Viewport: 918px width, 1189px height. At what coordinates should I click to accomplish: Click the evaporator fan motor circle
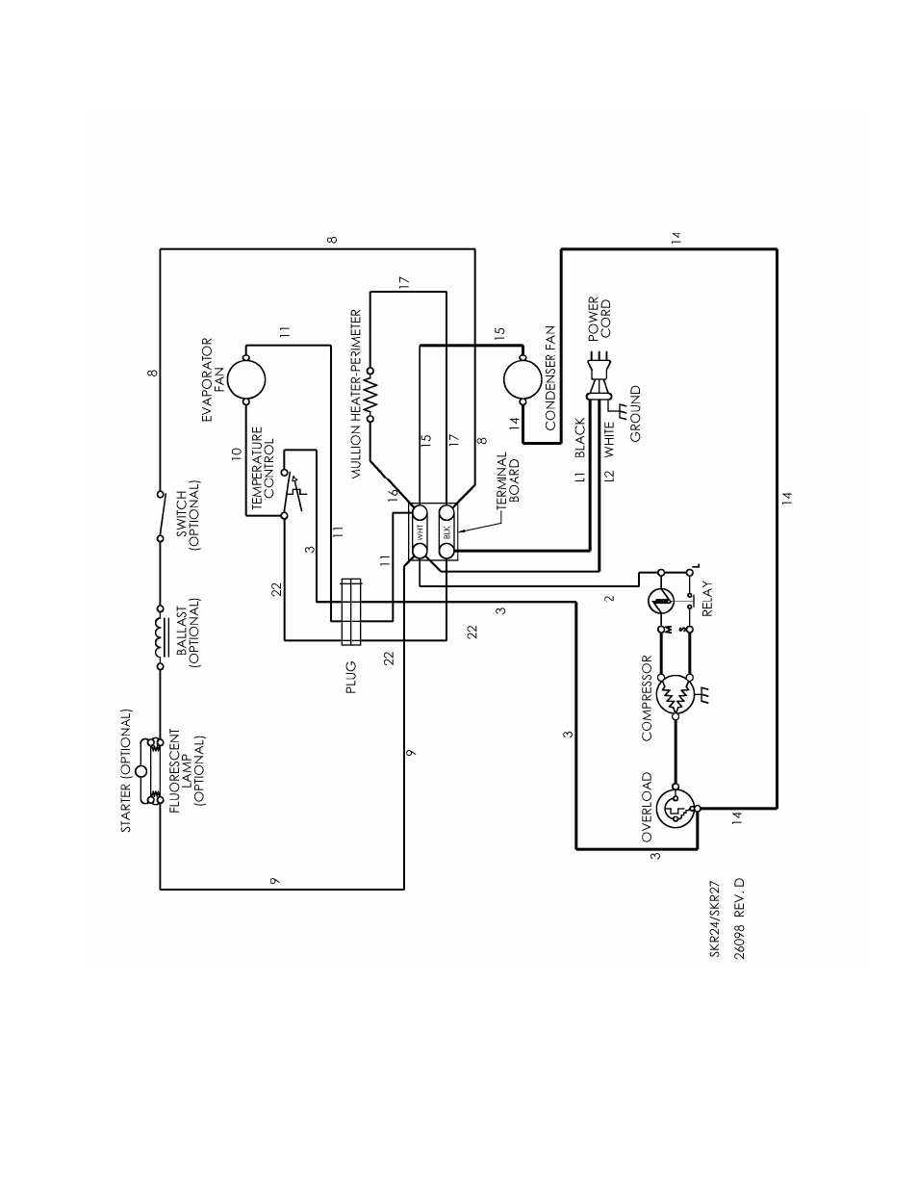click(x=246, y=379)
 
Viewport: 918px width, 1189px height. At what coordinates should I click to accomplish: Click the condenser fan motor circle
click(x=523, y=379)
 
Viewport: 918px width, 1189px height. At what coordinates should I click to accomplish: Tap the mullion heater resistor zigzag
click(x=370, y=394)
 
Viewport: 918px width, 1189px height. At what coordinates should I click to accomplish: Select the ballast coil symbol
click(x=159, y=637)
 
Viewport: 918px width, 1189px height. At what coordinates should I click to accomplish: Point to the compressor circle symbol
click(x=676, y=695)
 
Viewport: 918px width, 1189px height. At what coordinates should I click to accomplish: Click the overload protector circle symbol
click(x=676, y=808)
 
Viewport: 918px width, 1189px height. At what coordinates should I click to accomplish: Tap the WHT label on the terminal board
click(x=420, y=531)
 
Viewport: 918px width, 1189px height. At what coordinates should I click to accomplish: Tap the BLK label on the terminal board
click(x=446, y=531)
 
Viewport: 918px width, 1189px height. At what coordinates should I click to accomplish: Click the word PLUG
click(x=351, y=677)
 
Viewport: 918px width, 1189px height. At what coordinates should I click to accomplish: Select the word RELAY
click(x=707, y=599)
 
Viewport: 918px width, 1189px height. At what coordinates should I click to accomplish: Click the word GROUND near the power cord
click(x=635, y=414)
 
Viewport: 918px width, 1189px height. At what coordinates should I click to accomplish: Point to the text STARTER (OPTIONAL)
click(x=126, y=771)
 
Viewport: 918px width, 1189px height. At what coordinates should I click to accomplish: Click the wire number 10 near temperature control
click(x=237, y=453)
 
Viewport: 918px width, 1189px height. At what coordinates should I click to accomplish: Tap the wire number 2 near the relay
click(x=610, y=598)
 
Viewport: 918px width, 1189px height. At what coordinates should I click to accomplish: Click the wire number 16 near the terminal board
click(x=393, y=493)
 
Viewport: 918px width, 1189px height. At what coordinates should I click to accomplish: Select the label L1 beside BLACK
click(x=580, y=477)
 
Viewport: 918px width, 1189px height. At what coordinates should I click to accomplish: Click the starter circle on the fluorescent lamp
click(x=141, y=771)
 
